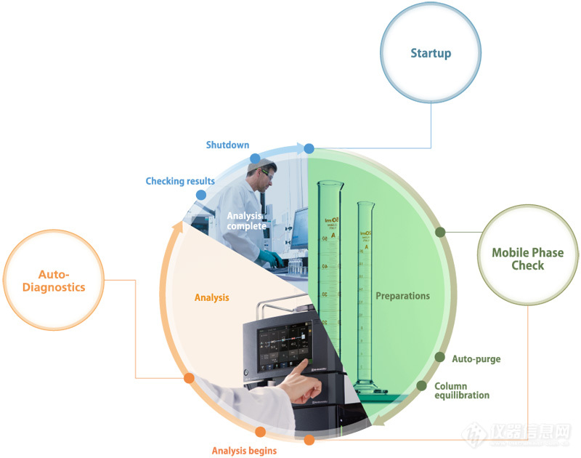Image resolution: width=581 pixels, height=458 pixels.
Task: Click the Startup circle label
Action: [431, 53]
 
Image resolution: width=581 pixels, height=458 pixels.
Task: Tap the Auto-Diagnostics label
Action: [52, 281]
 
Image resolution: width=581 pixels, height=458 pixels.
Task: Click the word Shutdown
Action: [227, 145]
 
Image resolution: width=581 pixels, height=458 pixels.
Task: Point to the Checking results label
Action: [180, 181]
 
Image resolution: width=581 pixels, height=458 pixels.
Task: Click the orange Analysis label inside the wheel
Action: [212, 297]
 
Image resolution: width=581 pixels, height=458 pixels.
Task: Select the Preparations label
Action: [402, 296]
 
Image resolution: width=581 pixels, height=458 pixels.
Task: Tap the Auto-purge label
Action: [476, 358]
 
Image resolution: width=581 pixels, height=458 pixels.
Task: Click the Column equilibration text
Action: [462, 390]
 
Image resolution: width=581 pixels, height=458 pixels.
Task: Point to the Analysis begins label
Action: [244, 451]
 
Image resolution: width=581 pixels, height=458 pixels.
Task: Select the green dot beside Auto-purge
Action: [439, 357]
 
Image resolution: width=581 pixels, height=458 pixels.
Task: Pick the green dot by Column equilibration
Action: [421, 385]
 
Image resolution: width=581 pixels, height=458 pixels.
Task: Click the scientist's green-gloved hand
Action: [270, 258]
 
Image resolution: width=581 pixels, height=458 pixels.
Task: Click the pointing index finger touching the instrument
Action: [301, 366]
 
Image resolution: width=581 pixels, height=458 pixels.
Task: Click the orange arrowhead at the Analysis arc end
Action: [174, 227]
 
